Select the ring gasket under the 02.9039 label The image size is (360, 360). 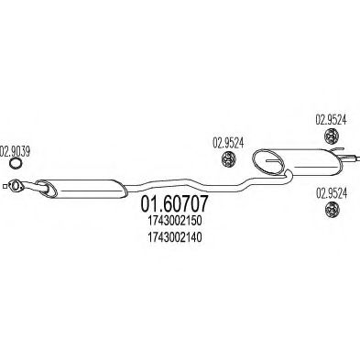click(x=16, y=166)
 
